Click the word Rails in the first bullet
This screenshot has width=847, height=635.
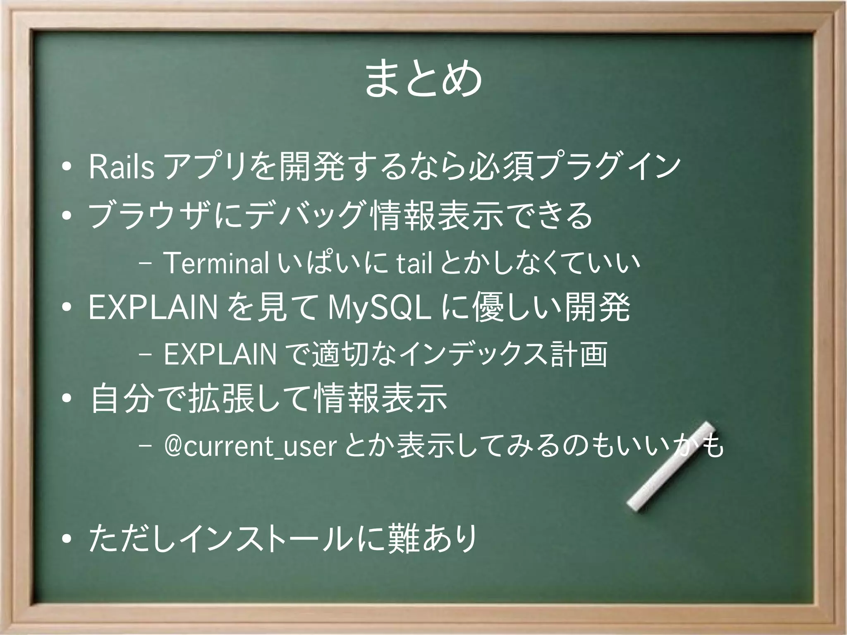tap(122, 167)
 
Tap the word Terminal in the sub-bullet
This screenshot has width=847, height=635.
tap(216, 263)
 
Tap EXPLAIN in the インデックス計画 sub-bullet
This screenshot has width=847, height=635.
tap(220, 355)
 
